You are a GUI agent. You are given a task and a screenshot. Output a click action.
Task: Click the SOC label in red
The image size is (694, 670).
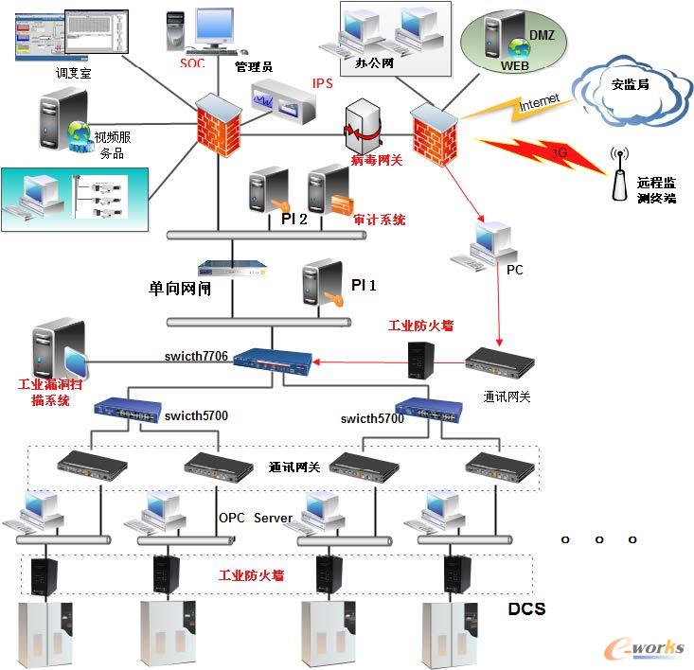pyautogui.click(x=191, y=64)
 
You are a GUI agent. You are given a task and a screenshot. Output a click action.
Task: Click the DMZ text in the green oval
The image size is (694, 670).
pyautogui.click(x=542, y=35)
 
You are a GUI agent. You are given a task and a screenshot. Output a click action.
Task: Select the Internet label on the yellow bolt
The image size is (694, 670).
pyautogui.click(x=539, y=101)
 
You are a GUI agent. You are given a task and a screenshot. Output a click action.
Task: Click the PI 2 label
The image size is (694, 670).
pyautogui.click(x=294, y=220)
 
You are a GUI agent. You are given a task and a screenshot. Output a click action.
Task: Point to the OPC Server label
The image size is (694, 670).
pyautogui.click(x=256, y=518)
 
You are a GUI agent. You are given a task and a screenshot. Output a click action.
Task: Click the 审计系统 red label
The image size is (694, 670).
pyautogui.click(x=379, y=220)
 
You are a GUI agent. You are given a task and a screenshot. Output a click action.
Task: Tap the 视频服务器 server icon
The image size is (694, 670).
pyautogui.click(x=56, y=122)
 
